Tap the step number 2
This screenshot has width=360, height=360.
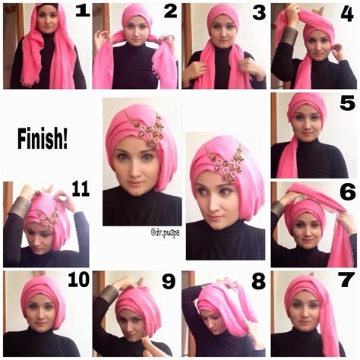170,12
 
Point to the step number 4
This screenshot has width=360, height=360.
348,12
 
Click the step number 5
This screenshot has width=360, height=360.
347,103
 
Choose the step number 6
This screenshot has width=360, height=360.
347,191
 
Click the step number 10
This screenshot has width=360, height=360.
77,280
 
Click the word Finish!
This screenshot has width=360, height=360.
46,140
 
